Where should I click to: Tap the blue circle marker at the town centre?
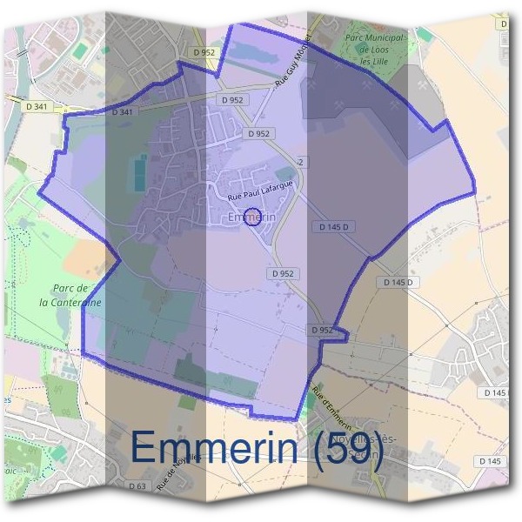[255, 217]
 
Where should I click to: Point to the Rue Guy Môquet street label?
[292, 70]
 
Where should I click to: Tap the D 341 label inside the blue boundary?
[123, 112]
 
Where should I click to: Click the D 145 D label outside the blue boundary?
[401, 283]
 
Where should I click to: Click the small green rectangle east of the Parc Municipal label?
[424, 34]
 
